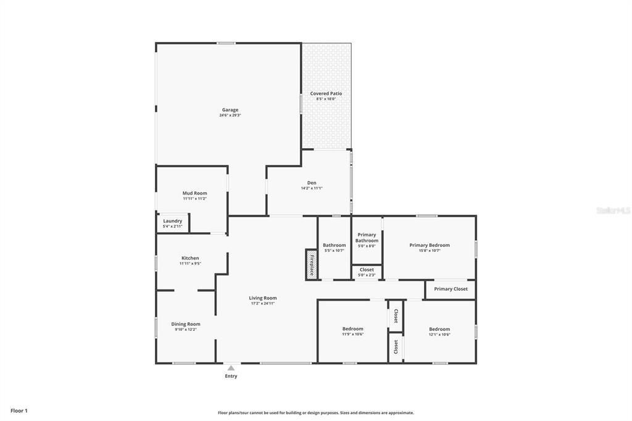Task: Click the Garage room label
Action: (230, 110)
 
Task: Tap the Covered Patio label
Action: (326, 93)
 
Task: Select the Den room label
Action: (312, 183)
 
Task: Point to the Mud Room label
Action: (194, 193)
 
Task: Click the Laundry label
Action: (172, 221)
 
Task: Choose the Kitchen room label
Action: (190, 258)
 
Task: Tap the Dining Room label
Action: (186, 324)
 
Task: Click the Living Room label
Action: (263, 298)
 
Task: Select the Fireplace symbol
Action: (312, 264)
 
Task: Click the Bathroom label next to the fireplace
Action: (335, 245)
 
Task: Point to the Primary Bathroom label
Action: (367, 238)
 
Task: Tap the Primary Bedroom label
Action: (430, 245)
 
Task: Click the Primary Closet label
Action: (451, 289)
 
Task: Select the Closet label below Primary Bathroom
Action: (367, 270)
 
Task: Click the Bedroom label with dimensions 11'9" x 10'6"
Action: (353, 329)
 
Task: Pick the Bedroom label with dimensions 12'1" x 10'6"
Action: (439, 329)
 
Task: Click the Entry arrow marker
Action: (231, 368)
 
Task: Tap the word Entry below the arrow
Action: (231, 376)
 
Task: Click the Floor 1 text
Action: (19, 411)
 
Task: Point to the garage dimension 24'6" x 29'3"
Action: (230, 115)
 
